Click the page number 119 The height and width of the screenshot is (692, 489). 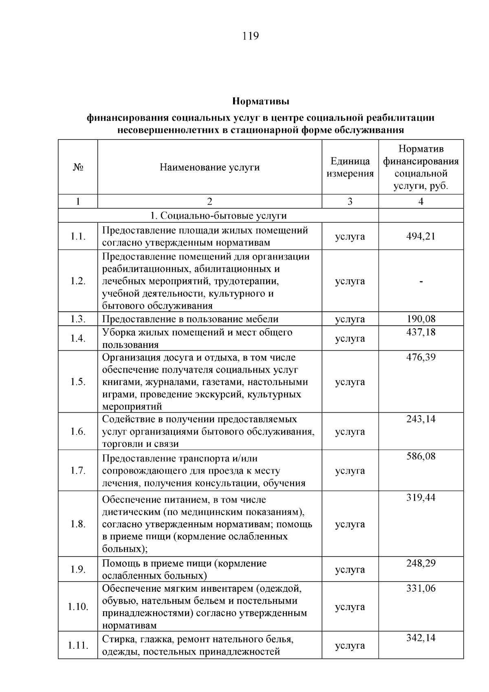pyautogui.click(x=250, y=36)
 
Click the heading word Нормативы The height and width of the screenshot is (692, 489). pyautogui.click(x=260, y=100)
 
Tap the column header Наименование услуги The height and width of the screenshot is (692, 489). pyautogui.click(x=209, y=167)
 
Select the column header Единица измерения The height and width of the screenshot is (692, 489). pyautogui.click(x=350, y=167)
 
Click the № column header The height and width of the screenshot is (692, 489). pyautogui.click(x=78, y=167)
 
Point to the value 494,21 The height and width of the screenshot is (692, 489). pyautogui.click(x=421, y=236)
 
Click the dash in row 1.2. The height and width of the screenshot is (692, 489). pyautogui.click(x=421, y=281)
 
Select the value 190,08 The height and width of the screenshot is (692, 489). pyautogui.click(x=421, y=319)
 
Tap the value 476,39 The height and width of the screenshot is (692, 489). pyautogui.click(x=421, y=357)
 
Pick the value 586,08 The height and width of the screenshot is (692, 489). pyautogui.click(x=421, y=456)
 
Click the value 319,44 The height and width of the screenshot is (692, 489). pyautogui.click(x=421, y=497)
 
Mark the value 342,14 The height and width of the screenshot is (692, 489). pyautogui.click(x=421, y=638)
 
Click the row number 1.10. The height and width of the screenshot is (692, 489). pyautogui.click(x=78, y=607)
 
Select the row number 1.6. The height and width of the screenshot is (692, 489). pyautogui.click(x=78, y=431)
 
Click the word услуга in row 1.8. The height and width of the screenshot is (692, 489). pyautogui.click(x=350, y=524)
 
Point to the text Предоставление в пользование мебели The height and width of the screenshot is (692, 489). pyautogui.click(x=190, y=319)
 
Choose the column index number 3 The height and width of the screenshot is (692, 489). pyautogui.click(x=350, y=201)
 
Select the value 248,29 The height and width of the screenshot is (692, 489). pyautogui.click(x=421, y=563)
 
